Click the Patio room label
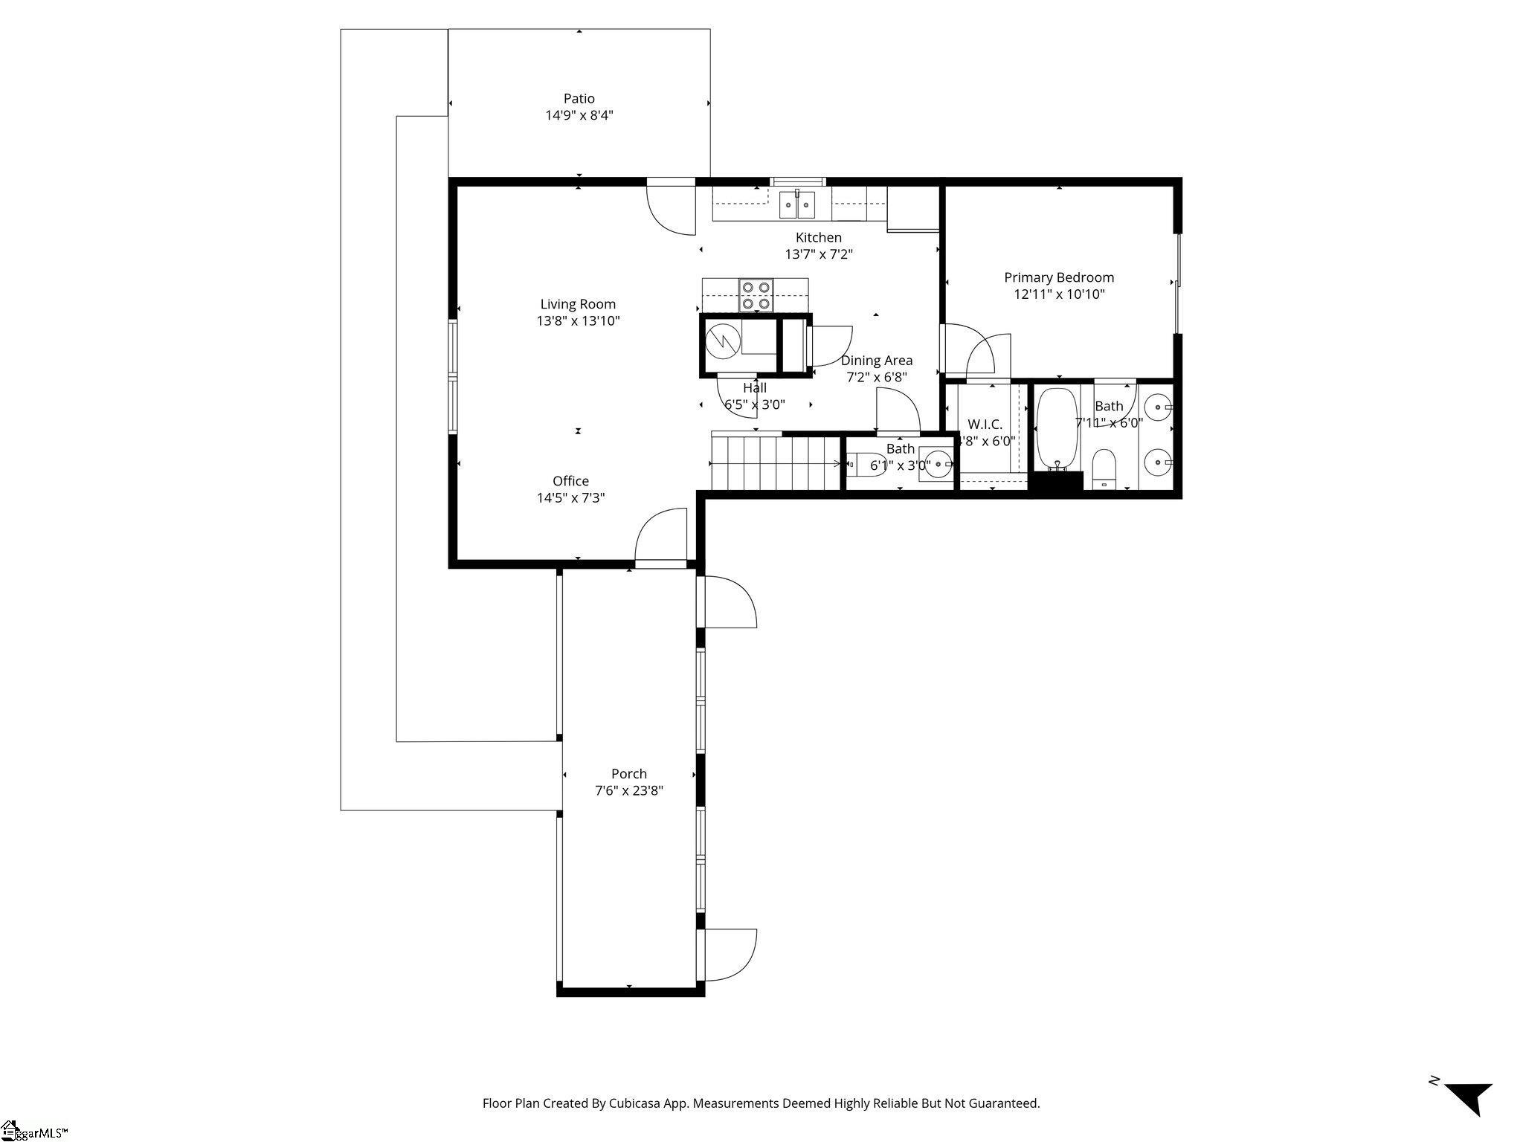coord(579,98)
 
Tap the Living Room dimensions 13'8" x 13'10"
coord(579,321)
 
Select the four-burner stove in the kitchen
coord(756,295)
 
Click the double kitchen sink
coord(797,204)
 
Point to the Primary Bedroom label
coord(1059,277)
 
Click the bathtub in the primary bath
coord(1056,428)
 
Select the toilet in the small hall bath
coord(862,465)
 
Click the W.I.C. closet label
coord(985,425)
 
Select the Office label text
coord(570,481)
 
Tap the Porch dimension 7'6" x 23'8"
coord(629,791)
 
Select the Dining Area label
coord(877,361)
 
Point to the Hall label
coord(754,387)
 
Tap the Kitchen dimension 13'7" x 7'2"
coord(819,254)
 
